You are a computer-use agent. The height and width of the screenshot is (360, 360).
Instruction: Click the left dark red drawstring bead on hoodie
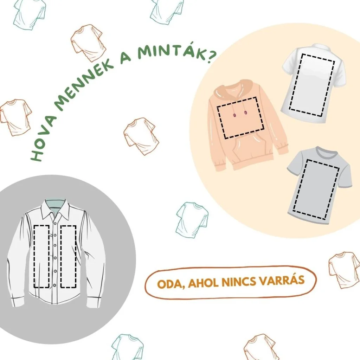(x=234, y=115)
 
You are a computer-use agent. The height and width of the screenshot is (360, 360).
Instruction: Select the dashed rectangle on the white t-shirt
(x=312, y=85)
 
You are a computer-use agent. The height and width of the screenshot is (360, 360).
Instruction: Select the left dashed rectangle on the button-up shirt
(x=41, y=256)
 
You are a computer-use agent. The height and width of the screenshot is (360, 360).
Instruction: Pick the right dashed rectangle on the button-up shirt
(x=68, y=256)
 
